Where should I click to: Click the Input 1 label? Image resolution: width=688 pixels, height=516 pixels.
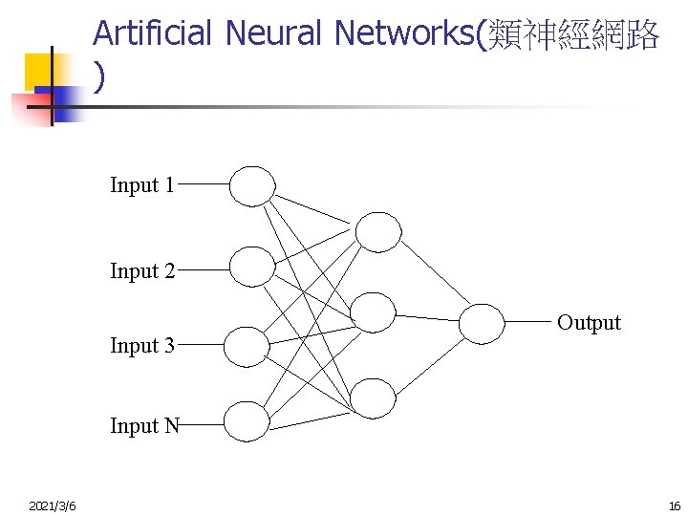141,185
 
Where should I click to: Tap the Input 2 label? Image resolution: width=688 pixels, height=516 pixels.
142,271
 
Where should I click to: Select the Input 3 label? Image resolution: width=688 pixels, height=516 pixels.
142,346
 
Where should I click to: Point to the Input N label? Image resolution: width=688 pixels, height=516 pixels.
144,426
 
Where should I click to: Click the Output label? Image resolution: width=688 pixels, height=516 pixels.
589,323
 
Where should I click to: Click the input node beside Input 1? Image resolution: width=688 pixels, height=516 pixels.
252,186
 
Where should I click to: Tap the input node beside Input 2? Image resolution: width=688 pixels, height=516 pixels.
252,267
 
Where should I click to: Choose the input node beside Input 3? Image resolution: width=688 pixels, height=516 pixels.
247,347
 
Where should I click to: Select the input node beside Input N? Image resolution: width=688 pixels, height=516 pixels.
247,421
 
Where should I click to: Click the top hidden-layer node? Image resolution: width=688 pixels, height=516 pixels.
378,231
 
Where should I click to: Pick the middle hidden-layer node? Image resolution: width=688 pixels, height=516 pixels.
373,312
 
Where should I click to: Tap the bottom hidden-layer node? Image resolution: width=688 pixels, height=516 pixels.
373,398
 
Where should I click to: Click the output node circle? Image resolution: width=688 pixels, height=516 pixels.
481,323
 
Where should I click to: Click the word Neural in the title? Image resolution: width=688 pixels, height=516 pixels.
274,33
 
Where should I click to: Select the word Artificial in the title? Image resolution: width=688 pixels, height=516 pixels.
152,33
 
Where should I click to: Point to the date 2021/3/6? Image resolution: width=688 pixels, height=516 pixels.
54,505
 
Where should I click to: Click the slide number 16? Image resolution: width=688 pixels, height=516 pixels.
675,505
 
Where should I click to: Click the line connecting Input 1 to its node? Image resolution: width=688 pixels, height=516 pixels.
203,185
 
